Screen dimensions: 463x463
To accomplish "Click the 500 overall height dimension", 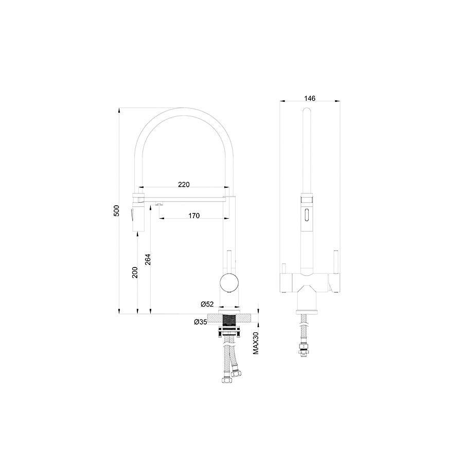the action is pos(117,210).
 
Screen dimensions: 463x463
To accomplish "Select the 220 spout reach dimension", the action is pos(184,185).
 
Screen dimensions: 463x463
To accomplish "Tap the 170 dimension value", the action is pos(194,216).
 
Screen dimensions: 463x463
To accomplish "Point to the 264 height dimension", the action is pos(148,259).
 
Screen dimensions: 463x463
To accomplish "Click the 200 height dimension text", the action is pos(135,272).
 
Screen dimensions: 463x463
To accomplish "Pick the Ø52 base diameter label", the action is pos(207,304).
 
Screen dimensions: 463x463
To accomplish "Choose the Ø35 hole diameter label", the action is pos(201,322).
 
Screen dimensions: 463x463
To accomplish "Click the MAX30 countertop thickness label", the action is pos(255,343).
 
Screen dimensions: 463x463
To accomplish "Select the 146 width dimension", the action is pos(310,98).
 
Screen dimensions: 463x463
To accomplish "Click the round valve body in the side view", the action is pos(229,282).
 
